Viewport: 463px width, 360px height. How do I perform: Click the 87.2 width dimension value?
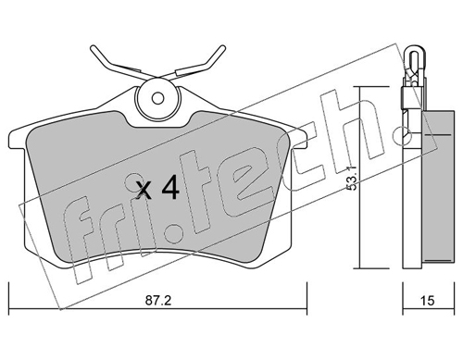pyautogui.click(x=158, y=300)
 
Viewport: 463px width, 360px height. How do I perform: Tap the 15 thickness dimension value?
pyautogui.click(x=428, y=300)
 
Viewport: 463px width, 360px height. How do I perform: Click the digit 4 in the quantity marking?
pyautogui.click(x=169, y=187)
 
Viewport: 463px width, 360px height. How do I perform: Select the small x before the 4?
pyautogui.click(x=144, y=190)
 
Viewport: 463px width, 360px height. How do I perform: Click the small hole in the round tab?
pyautogui.click(x=157, y=99)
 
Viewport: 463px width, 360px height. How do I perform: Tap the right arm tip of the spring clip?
pyautogui.click(x=222, y=48)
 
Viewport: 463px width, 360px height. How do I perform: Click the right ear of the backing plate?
pyautogui.click(x=298, y=138)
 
